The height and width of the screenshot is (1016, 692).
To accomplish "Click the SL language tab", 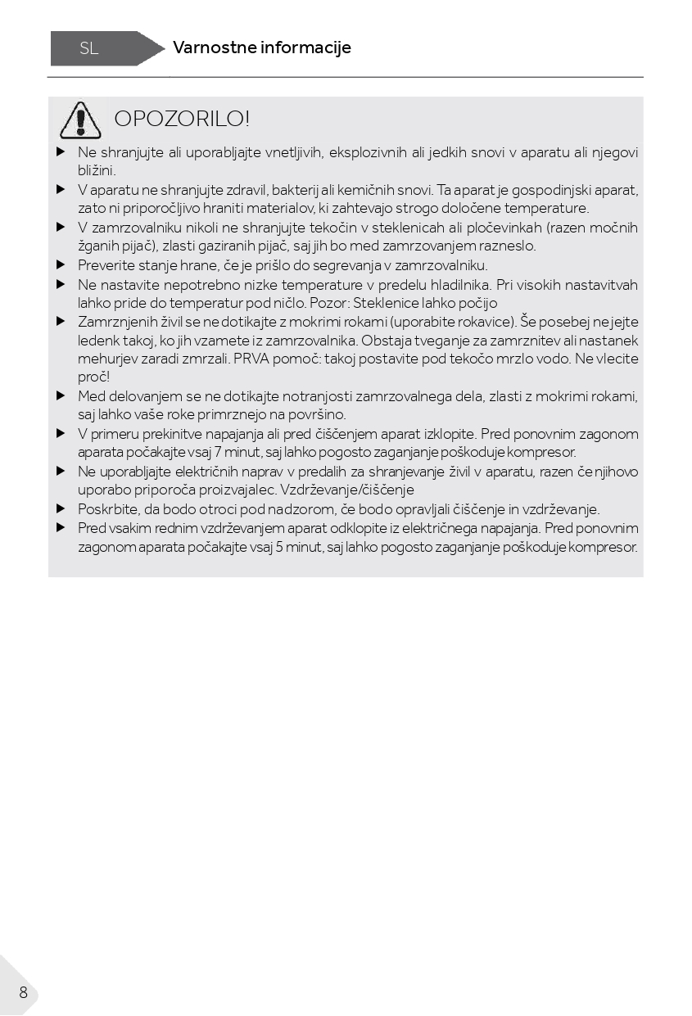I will [x=89, y=48].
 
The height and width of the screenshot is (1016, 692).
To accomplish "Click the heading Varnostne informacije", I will [x=261, y=47].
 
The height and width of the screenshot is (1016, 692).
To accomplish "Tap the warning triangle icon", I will [x=80, y=120].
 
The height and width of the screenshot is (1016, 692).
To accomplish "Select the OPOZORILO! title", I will [x=181, y=119].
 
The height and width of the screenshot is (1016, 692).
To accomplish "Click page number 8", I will [x=23, y=992].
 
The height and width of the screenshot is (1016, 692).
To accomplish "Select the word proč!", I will [x=93, y=377].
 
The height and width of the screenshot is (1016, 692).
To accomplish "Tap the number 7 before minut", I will [x=218, y=452].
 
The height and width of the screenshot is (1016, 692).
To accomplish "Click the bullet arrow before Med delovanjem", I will [x=61, y=396].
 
